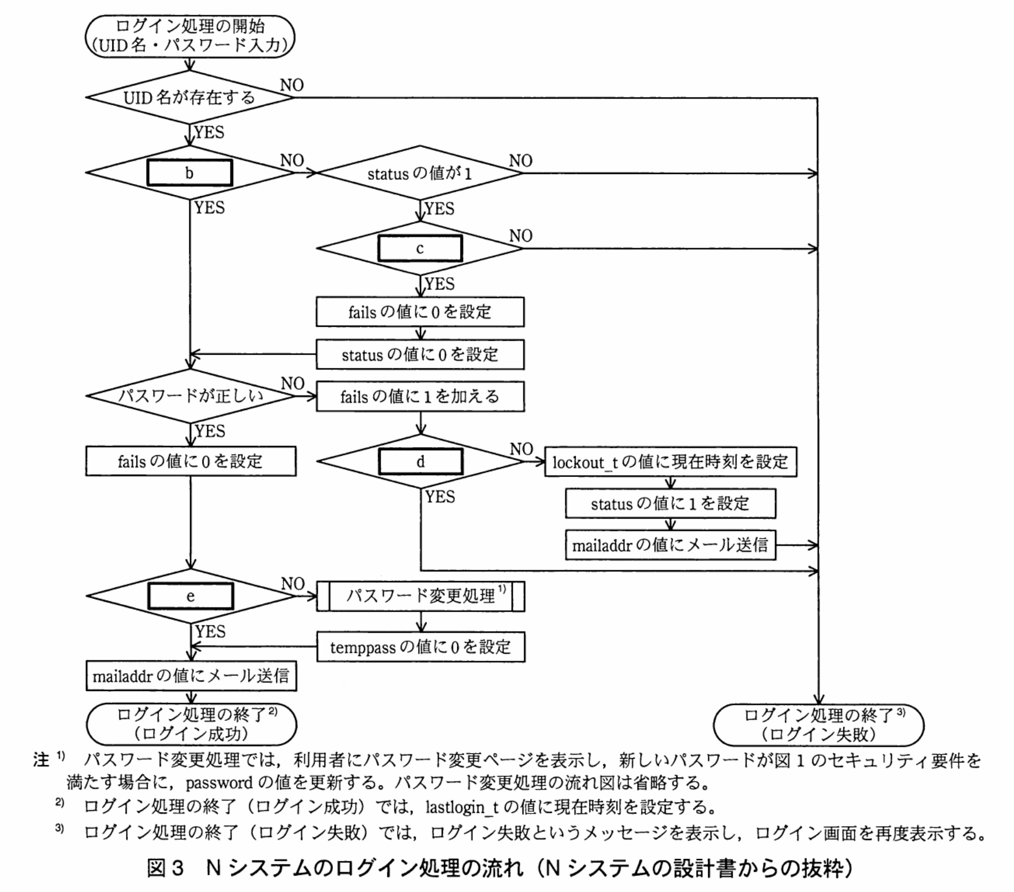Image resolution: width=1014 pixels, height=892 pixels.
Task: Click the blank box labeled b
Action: (x=190, y=173)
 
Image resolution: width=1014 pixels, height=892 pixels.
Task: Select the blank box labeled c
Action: (x=420, y=248)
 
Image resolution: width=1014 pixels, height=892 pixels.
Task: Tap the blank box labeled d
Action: (x=420, y=461)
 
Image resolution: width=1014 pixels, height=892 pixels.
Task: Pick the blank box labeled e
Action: (x=191, y=596)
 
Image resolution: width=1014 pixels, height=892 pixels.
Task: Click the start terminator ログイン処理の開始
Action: (x=190, y=35)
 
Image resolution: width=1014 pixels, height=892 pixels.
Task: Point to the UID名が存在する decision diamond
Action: (x=190, y=97)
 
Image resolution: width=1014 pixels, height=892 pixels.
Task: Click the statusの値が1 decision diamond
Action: (x=420, y=173)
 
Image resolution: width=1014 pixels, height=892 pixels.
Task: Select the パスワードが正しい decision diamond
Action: (x=191, y=396)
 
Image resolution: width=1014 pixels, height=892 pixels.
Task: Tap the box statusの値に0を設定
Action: (x=420, y=355)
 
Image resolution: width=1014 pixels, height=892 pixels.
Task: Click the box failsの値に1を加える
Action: (x=420, y=397)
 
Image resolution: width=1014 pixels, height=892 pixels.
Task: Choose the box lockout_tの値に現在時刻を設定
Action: (x=670, y=462)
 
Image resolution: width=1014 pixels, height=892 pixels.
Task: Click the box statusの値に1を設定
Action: (x=670, y=504)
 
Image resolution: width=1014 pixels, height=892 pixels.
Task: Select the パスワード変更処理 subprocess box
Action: (x=420, y=597)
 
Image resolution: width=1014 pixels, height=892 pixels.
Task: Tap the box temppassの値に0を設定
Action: (x=420, y=647)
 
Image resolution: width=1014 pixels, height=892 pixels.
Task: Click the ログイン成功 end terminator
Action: (x=191, y=724)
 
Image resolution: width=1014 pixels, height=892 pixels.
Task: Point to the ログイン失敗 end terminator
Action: (x=818, y=725)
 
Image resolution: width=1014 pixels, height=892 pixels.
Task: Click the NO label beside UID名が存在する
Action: (x=292, y=85)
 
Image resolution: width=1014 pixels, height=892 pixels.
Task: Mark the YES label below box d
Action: (x=440, y=497)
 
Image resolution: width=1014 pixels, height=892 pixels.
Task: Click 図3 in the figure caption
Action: (x=166, y=869)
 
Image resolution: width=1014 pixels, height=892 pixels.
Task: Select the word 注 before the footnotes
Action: (x=41, y=760)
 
